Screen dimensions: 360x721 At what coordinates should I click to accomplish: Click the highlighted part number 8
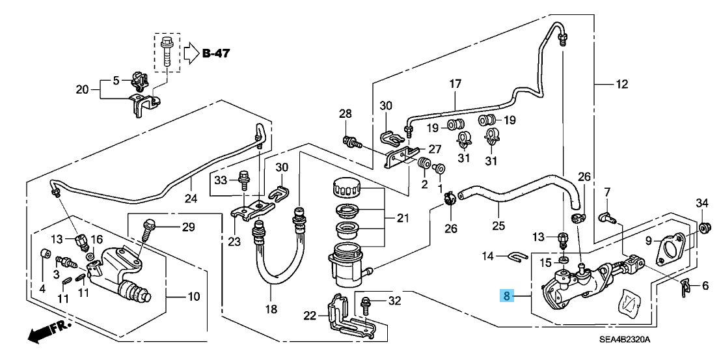(508, 297)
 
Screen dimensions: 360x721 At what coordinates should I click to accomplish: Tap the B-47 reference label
(215, 53)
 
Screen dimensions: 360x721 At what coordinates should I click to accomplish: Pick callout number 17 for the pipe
(454, 83)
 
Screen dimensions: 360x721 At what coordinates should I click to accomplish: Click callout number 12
(623, 83)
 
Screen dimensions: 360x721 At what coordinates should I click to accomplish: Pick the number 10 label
(194, 298)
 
